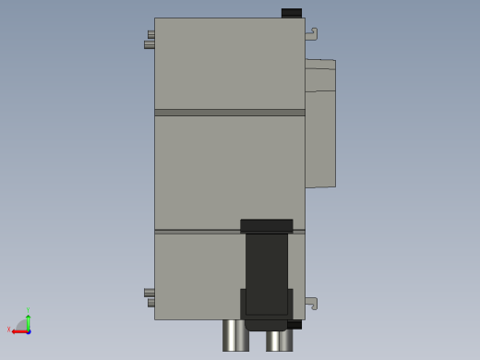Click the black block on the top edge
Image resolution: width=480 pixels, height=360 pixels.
(291, 13)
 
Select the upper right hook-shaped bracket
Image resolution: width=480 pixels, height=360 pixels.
(312, 34)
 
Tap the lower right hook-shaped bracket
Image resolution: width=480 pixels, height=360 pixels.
(312, 303)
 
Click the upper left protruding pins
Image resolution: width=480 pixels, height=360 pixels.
(150, 40)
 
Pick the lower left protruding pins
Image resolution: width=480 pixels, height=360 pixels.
(150, 297)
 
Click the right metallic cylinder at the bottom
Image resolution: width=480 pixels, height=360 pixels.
(279, 339)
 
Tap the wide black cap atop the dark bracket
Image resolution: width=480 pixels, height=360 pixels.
(267, 225)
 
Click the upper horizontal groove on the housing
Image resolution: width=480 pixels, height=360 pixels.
(229, 113)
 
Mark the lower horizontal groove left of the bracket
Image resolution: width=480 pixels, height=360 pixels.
(197, 231)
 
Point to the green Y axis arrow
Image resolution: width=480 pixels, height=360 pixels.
(29, 320)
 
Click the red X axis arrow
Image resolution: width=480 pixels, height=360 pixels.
(18, 330)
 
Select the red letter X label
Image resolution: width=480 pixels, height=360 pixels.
(8, 330)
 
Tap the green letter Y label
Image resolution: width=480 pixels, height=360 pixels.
(29, 310)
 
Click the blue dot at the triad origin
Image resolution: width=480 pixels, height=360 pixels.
(29, 330)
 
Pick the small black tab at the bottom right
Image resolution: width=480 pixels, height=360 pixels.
(294, 325)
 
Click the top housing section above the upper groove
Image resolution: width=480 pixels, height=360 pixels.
(229, 63)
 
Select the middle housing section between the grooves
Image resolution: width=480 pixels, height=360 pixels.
(229, 171)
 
